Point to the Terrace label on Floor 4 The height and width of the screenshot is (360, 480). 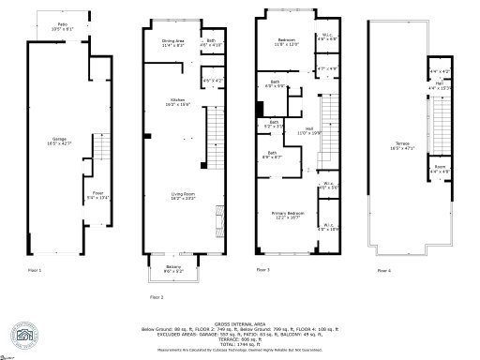point(397,144)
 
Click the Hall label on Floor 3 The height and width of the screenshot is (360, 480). point(308,131)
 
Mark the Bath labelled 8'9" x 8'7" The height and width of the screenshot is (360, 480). point(272,155)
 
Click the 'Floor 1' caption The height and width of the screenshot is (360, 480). point(35,270)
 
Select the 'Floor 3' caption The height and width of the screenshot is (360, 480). point(262,270)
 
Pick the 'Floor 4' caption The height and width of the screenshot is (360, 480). point(384,270)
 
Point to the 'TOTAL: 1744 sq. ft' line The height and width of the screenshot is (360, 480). point(240,344)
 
